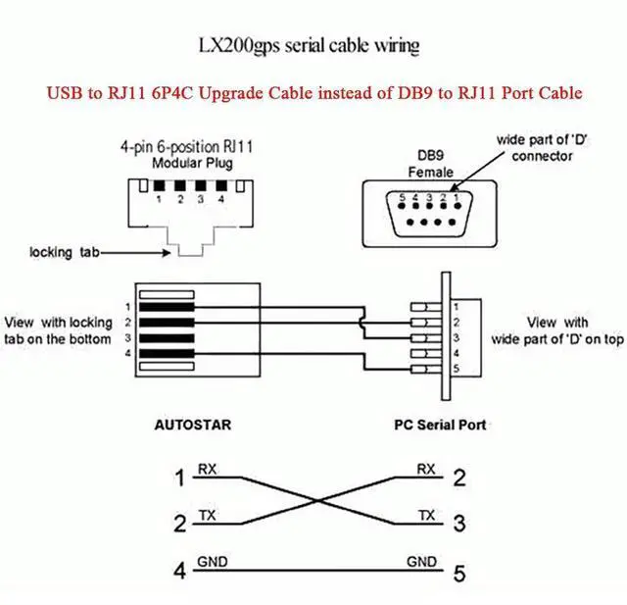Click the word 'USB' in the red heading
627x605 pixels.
(67, 93)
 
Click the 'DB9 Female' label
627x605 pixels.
(430, 165)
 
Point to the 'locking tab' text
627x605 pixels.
(65, 252)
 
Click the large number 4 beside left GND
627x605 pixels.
(179, 570)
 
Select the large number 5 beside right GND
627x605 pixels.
(458, 570)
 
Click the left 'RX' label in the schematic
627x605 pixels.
(209, 469)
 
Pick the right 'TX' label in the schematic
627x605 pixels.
(426, 514)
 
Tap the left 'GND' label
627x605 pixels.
(213, 562)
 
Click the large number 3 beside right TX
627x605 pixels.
(458, 523)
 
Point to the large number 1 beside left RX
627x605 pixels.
(179, 479)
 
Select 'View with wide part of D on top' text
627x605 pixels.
(557, 330)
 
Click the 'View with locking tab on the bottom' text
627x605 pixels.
(59, 330)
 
